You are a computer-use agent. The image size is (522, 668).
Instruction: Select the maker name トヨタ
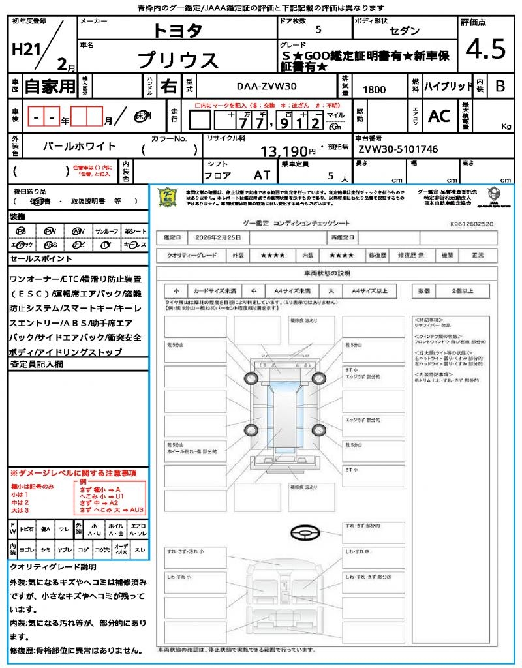(x=177, y=30)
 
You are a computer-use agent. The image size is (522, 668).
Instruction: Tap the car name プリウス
(x=177, y=60)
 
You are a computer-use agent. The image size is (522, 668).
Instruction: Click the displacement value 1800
(x=374, y=89)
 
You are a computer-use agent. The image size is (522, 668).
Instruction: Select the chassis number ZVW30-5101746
(x=398, y=149)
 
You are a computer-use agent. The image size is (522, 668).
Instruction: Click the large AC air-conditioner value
(x=439, y=115)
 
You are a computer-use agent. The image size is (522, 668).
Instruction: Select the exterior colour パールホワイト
(x=80, y=146)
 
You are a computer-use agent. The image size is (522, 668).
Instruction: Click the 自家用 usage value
(x=50, y=86)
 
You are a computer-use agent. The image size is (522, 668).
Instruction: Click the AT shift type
(x=262, y=175)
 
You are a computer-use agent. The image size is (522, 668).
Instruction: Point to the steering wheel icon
(x=305, y=533)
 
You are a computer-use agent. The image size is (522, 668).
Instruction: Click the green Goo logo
(x=168, y=196)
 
